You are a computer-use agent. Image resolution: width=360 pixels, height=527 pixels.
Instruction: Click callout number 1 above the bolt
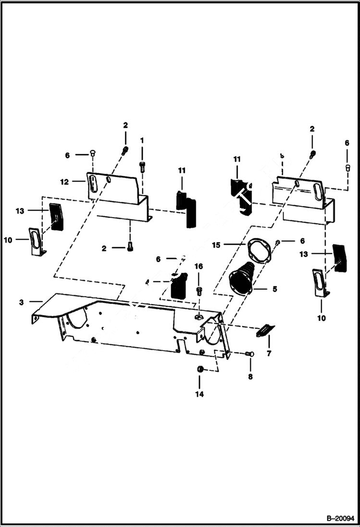pyautogui.click(x=142, y=139)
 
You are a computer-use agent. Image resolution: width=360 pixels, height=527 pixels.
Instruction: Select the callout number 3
pyautogui.click(x=21, y=302)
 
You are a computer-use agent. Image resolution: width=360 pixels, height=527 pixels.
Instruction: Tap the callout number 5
pyautogui.click(x=274, y=289)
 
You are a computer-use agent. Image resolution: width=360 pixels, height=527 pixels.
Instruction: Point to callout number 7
pyautogui.click(x=269, y=353)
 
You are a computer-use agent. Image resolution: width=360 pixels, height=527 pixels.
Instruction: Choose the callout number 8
pyautogui.click(x=250, y=377)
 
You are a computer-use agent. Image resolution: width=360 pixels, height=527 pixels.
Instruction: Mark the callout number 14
pyautogui.click(x=199, y=394)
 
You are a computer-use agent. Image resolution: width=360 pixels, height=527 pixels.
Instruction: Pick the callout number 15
pyautogui.click(x=216, y=245)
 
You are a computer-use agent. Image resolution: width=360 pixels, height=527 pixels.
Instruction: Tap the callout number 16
pyautogui.click(x=199, y=266)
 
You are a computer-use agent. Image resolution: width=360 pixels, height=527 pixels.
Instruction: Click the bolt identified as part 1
pyautogui.click(x=142, y=166)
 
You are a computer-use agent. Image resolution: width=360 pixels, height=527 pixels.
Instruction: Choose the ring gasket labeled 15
pyautogui.click(x=260, y=251)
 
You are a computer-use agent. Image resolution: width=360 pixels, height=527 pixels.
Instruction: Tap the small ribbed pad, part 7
pyautogui.click(x=266, y=331)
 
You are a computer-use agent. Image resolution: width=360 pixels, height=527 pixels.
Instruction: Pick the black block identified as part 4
pyautogui.click(x=178, y=286)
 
